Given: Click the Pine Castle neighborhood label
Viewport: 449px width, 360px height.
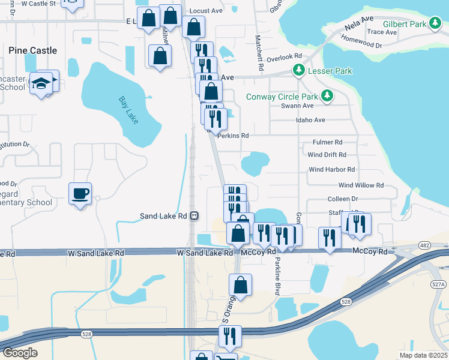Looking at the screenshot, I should point(33,51).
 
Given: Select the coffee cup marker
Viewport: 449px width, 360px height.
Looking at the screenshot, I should point(80,194).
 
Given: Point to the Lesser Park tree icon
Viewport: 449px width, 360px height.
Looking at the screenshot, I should point(298,71).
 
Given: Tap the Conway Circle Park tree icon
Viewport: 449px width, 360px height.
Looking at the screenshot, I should point(327,96).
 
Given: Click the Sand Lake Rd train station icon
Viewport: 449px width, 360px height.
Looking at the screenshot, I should point(194,216).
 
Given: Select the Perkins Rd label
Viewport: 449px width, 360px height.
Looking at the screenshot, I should point(233,136).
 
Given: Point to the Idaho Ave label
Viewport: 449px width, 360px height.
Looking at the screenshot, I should point(310,120).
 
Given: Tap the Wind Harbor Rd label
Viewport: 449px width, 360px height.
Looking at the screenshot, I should point(331,170).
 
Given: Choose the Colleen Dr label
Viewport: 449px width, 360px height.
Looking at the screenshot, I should point(343,199).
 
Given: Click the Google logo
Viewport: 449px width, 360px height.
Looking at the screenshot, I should point(20,353).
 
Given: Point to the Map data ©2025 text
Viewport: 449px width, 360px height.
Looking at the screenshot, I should point(423,355).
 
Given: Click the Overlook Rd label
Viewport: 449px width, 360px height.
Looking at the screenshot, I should point(284,58).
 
